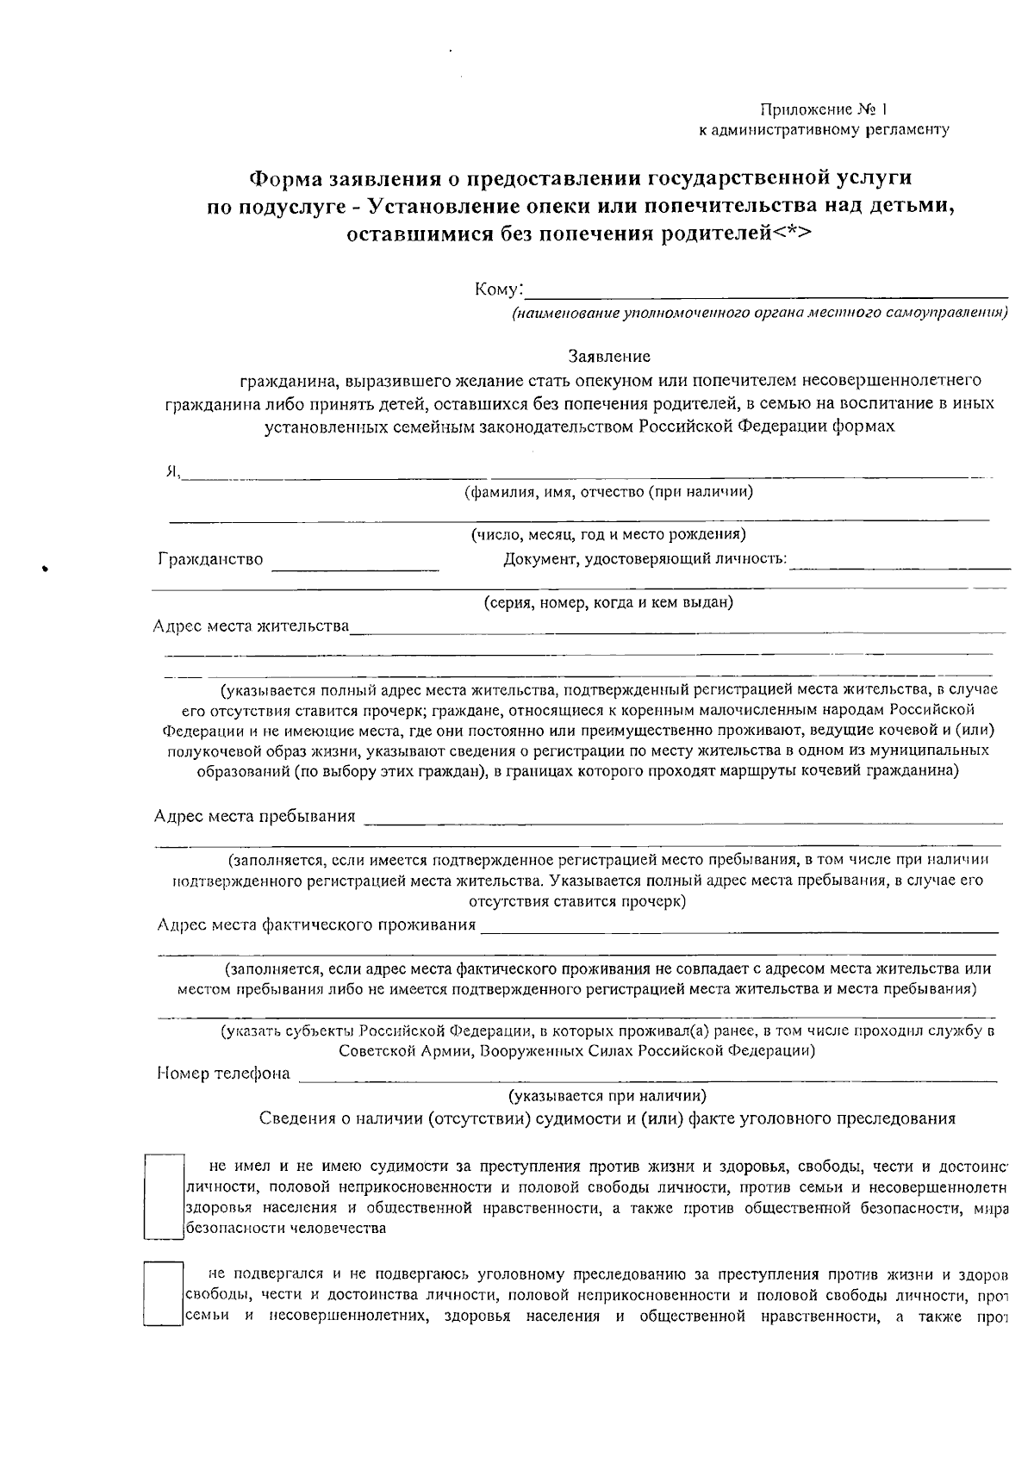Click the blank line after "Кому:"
click(767, 291)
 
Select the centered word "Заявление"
click(609, 356)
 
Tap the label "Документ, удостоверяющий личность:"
click(645, 559)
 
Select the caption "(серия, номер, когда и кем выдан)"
click(608, 602)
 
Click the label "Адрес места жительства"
click(251, 626)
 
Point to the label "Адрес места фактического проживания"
click(316, 925)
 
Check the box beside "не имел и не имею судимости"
click(164, 1197)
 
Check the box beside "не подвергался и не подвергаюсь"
click(164, 1293)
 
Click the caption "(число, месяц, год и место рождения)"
click(608, 535)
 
